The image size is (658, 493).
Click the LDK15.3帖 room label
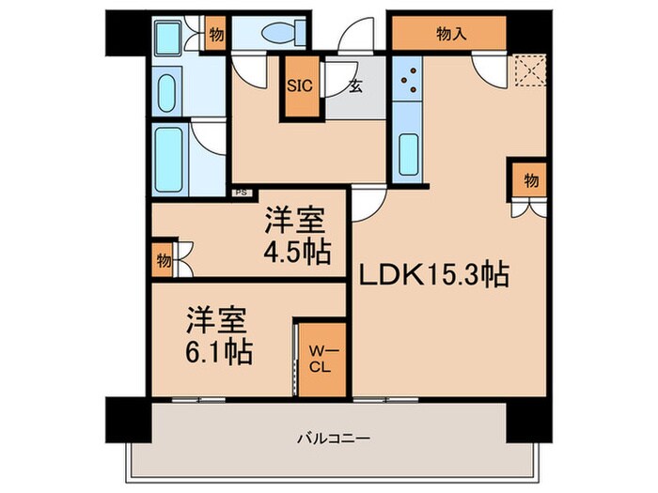431,274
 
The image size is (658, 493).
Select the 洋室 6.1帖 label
218,335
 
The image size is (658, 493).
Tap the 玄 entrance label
356,87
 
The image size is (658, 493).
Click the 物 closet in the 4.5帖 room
164,261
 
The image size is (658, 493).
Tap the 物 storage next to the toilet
216,35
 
